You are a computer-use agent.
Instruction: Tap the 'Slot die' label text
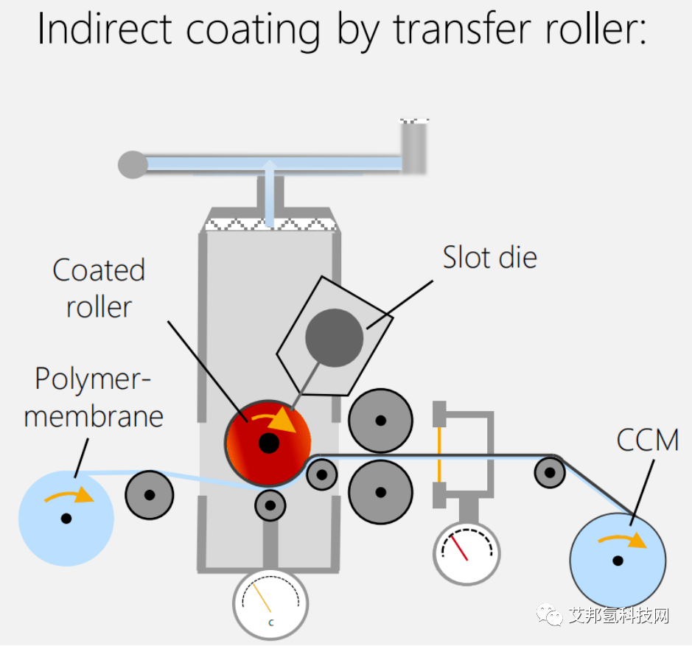click(x=489, y=257)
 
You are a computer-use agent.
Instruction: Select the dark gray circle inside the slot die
click(x=335, y=338)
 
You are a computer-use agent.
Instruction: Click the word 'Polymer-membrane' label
click(x=94, y=397)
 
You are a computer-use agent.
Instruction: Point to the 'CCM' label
click(x=647, y=440)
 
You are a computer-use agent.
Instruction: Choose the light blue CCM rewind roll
click(x=618, y=560)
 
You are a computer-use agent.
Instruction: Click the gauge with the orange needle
click(x=270, y=604)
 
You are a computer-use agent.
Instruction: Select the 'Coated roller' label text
click(x=99, y=288)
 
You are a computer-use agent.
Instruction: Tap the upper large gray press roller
click(x=380, y=421)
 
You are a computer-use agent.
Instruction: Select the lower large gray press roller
click(x=380, y=492)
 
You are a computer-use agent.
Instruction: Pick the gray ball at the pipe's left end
click(x=133, y=164)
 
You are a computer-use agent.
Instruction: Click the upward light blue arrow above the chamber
click(x=270, y=192)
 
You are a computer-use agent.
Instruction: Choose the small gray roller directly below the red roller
click(x=270, y=505)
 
